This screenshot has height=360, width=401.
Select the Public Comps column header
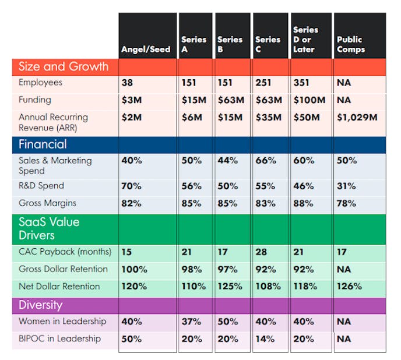[x=349, y=44]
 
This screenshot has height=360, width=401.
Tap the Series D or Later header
[x=306, y=39]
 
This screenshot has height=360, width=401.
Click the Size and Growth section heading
[x=64, y=66]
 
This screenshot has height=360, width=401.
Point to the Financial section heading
[x=43, y=144]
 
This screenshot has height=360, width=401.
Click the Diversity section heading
[x=40, y=305]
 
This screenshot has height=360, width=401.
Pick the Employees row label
[x=40, y=83]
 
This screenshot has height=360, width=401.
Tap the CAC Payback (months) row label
[x=65, y=252]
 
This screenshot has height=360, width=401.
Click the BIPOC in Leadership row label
[x=59, y=338]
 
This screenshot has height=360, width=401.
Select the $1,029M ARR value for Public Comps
[x=357, y=117]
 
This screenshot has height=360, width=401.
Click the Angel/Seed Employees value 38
[x=127, y=83]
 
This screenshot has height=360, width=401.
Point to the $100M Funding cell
[x=309, y=100]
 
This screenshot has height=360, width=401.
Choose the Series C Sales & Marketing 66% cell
[x=265, y=160]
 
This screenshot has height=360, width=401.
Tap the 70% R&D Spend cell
[x=131, y=186]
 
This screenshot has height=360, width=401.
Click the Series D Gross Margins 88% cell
[x=302, y=203]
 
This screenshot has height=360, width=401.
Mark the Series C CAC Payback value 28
[x=262, y=252]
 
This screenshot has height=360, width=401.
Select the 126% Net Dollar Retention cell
[x=349, y=286]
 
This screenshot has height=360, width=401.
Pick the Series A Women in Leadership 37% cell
[x=192, y=321]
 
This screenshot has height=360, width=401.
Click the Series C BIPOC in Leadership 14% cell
[x=265, y=338]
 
